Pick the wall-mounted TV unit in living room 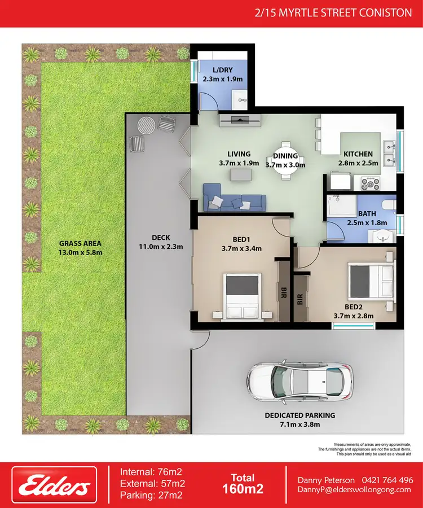(240, 119)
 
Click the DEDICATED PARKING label (308, 415)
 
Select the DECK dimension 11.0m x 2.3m (161, 247)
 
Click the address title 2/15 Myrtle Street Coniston (333, 12)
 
